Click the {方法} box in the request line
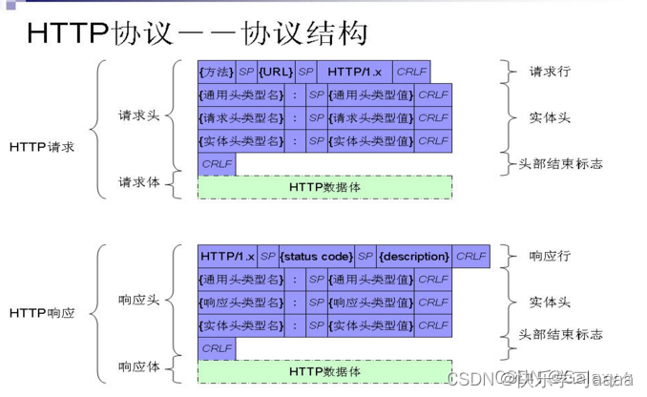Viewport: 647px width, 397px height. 216,73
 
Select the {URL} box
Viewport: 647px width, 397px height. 276,73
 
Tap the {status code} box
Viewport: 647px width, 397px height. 316,256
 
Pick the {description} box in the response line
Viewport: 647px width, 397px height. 413,256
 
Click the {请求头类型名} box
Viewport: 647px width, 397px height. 241,117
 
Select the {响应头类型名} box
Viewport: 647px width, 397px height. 241,303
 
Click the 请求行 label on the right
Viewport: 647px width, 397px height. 552,72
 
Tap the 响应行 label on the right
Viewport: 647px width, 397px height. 552,256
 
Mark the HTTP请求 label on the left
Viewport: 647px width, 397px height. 42,147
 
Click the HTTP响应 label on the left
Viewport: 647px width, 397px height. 42,312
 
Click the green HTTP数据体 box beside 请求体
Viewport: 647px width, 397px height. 324,187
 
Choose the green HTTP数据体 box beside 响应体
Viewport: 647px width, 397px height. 324,371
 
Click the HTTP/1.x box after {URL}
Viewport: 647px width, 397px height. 354,73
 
